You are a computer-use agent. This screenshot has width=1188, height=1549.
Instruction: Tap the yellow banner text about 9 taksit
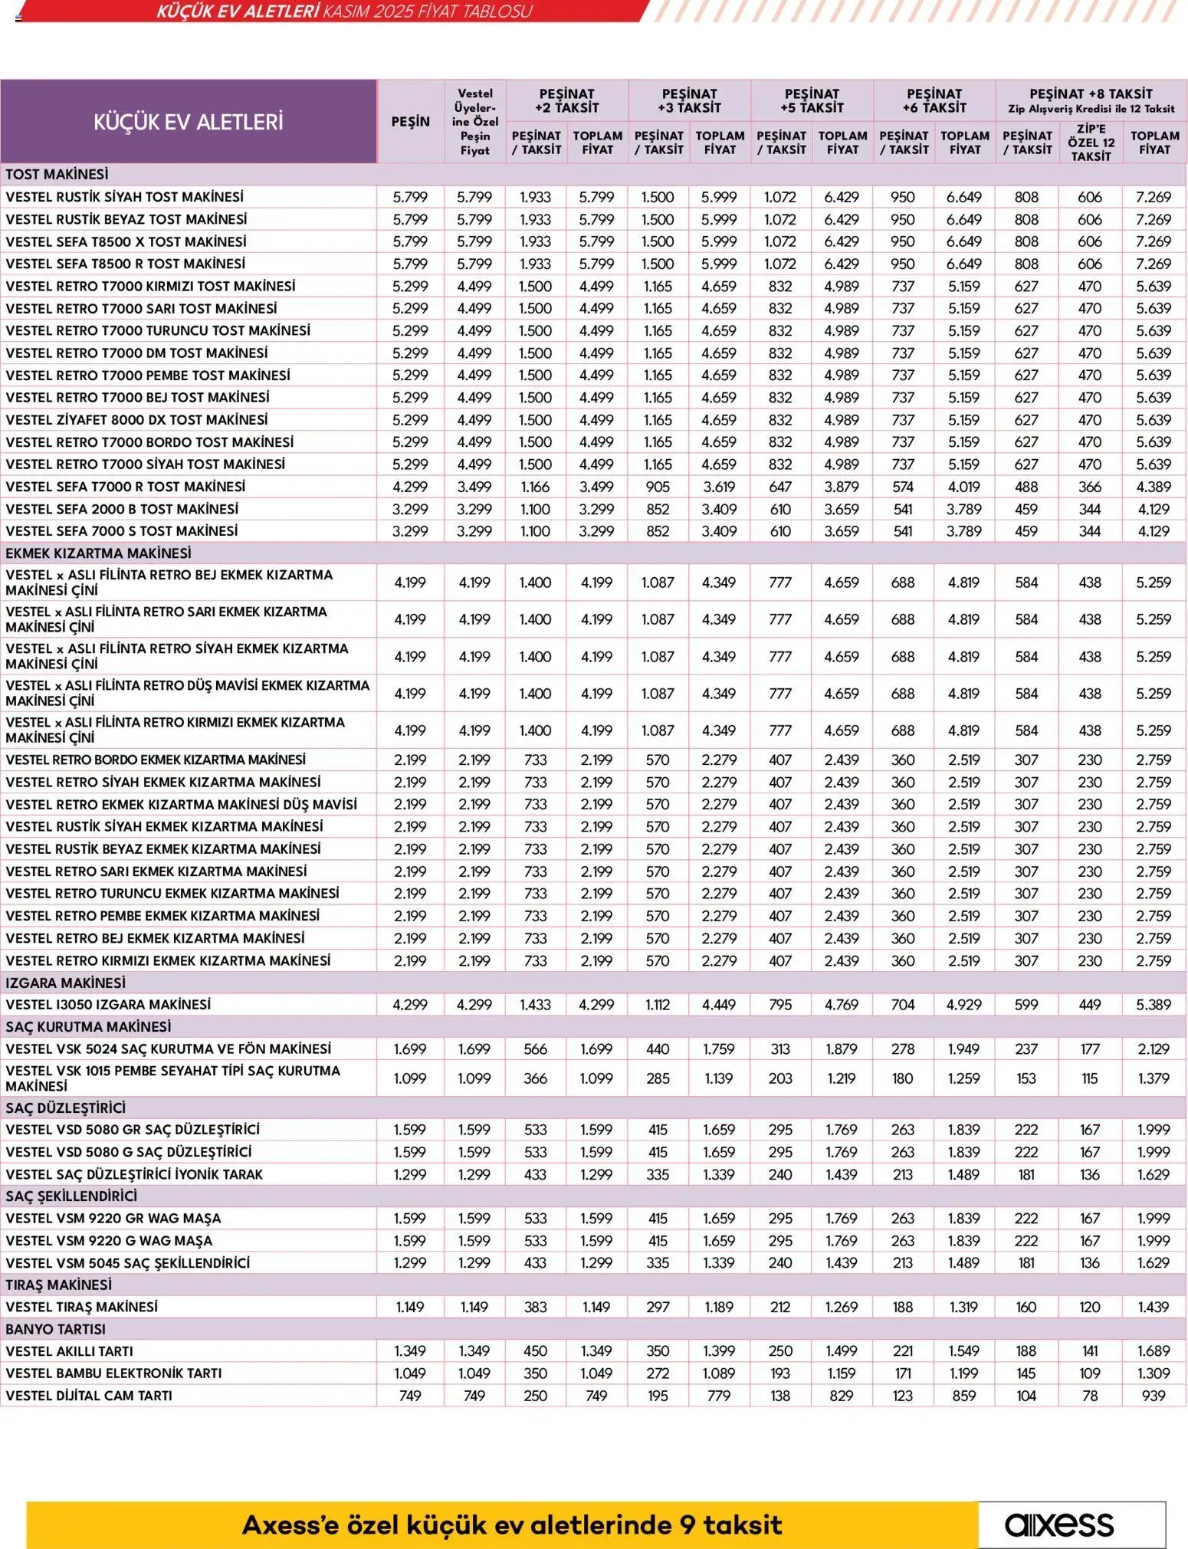tap(512, 1524)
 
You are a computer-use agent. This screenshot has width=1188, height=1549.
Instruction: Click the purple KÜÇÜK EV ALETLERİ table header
tap(189, 121)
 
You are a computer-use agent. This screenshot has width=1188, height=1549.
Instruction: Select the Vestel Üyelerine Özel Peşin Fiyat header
tap(474, 121)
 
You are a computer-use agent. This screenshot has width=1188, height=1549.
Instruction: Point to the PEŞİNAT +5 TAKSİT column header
tap(812, 100)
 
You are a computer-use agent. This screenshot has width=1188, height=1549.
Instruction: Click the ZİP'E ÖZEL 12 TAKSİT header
tap(1091, 143)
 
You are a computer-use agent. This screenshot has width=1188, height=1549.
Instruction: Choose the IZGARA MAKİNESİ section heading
tap(65, 983)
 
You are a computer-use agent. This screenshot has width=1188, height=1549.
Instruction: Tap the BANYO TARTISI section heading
tap(56, 1329)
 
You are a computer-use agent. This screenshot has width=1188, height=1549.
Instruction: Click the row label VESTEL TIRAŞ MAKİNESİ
tap(82, 1307)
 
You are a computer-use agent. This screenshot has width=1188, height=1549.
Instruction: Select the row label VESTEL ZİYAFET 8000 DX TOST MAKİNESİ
tap(136, 420)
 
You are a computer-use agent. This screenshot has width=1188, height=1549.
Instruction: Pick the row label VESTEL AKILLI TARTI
tap(69, 1351)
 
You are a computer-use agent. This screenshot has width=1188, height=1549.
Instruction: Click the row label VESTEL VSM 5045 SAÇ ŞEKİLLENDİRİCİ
tap(128, 1262)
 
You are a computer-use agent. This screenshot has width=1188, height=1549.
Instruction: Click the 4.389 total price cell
tap(1154, 487)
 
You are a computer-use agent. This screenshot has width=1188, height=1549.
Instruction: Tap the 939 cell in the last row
tap(1154, 1396)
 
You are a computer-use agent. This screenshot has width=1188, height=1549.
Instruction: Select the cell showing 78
tap(1090, 1396)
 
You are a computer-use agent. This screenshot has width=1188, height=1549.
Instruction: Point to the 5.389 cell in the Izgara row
tap(1154, 1004)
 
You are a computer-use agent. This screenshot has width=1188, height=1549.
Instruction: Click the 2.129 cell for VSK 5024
tap(1154, 1049)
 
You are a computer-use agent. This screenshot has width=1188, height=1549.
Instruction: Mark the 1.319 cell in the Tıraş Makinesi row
tap(964, 1307)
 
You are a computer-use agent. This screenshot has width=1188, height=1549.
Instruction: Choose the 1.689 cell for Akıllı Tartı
tap(1154, 1351)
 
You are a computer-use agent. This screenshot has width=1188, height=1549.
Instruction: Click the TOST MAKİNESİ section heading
tap(57, 174)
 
